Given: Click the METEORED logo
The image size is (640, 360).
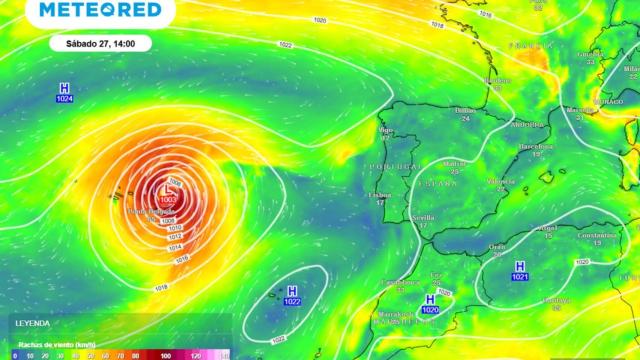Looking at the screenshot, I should pyautogui.click(x=99, y=10).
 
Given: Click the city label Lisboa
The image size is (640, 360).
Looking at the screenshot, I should pyautogui.click(x=379, y=195).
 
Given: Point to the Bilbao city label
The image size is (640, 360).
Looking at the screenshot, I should pyautogui.click(x=465, y=111).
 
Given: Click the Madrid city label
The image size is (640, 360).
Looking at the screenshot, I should pyautogui.click(x=456, y=163).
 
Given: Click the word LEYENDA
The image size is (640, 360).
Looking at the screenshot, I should pyautogui.click(x=31, y=326).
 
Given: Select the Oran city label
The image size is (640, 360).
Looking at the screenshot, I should pyautogui.click(x=497, y=245).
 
